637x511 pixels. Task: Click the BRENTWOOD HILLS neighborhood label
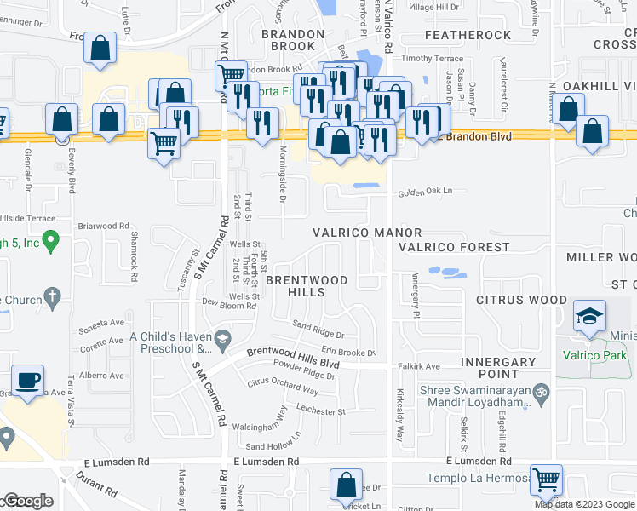pos(307,285)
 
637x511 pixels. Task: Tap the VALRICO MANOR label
pos(367,233)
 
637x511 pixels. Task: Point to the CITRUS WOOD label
pos(521,300)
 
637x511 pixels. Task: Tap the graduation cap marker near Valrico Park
pos(589,316)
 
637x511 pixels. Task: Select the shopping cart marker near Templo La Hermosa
pos(545,479)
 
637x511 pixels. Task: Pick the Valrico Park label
pos(595,355)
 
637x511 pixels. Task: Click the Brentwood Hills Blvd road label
pos(293,358)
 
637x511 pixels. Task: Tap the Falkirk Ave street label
pos(419,366)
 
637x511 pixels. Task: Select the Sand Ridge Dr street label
pos(318,330)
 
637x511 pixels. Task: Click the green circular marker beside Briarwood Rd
pos(51,244)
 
